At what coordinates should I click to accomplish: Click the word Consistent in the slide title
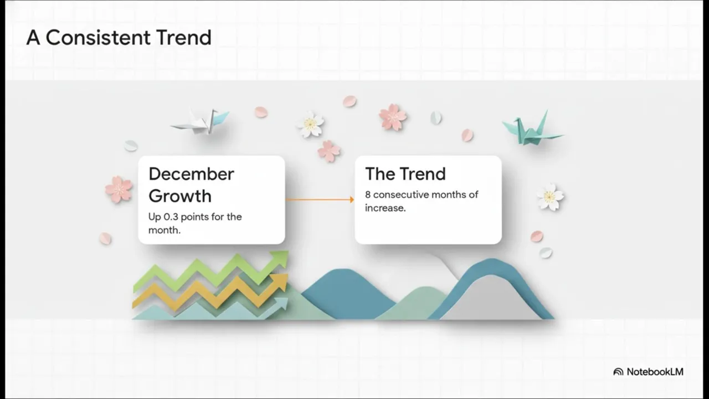98,37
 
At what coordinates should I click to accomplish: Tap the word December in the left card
192,174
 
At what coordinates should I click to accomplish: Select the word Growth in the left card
180,197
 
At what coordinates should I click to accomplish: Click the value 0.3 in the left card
171,217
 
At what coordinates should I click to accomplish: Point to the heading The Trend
405,174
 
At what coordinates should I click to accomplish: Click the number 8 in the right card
367,195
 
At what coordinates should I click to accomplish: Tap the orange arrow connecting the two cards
320,199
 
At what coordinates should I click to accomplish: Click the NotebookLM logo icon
618,372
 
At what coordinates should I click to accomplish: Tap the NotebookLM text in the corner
655,372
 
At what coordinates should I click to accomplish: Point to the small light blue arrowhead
282,303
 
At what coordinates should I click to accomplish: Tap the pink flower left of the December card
119,190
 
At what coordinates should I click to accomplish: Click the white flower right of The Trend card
550,197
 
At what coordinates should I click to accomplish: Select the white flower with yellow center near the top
310,124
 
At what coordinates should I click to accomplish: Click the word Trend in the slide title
183,37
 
